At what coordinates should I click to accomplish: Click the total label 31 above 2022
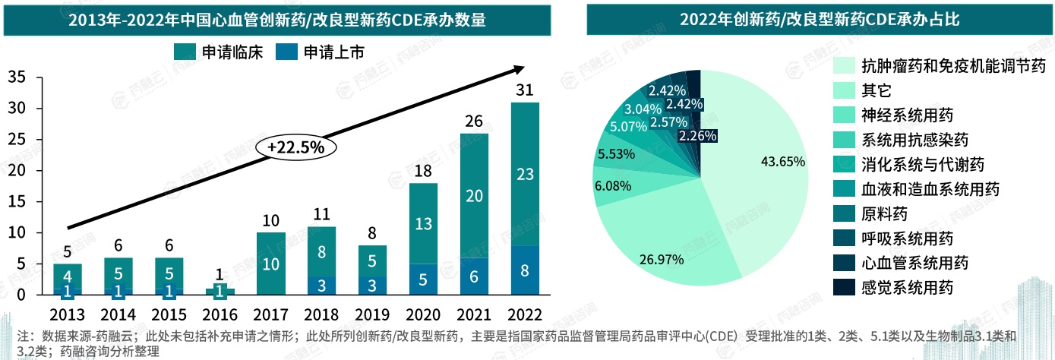525,90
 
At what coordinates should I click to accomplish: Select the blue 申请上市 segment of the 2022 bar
525,270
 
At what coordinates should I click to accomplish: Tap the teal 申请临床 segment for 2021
475,196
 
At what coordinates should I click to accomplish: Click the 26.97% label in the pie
662,260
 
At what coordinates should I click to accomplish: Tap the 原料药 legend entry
884,214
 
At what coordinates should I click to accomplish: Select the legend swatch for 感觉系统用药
843,288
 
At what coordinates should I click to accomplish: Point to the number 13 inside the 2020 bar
424,223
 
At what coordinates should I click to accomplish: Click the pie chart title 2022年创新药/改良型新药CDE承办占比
819,20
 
